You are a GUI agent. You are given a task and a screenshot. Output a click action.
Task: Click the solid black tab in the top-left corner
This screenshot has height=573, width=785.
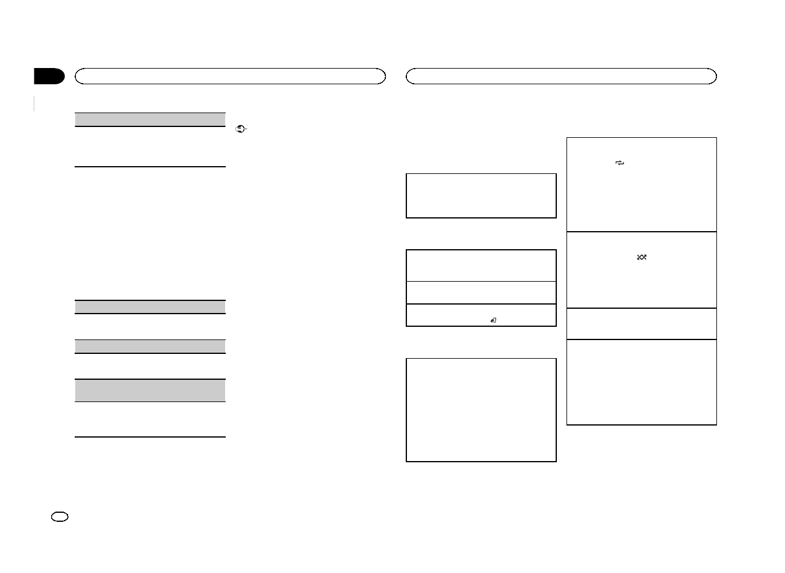point(49,76)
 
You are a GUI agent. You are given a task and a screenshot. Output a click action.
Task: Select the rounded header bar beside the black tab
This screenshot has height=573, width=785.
point(229,76)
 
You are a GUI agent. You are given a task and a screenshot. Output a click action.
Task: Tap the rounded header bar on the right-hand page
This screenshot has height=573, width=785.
point(561,76)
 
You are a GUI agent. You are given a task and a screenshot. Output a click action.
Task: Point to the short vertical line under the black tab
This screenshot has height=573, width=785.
point(34,103)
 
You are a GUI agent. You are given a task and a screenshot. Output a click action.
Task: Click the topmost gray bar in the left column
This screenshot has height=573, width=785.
point(149,119)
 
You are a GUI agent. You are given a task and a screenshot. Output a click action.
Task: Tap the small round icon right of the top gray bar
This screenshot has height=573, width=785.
point(241,129)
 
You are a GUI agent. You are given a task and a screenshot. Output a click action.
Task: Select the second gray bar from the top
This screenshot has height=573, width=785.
point(149,306)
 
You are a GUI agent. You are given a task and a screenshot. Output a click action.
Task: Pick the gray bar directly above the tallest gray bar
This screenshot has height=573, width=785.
point(149,346)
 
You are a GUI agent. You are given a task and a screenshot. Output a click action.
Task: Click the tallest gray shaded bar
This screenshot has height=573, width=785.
point(149,390)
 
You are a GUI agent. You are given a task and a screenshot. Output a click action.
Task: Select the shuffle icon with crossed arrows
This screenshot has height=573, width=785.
point(642,258)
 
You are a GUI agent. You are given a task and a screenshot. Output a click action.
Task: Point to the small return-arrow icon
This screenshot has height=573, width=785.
point(493,321)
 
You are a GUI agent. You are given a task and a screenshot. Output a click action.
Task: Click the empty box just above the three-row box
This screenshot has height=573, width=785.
point(481,196)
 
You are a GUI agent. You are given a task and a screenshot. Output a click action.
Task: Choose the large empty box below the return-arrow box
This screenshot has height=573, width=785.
point(481,410)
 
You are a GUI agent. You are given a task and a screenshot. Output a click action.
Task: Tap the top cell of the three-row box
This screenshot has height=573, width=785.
point(481,265)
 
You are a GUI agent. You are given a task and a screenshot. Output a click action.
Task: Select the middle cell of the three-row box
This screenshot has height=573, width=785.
point(481,293)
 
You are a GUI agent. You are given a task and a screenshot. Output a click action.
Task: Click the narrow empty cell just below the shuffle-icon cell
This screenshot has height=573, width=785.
point(642,324)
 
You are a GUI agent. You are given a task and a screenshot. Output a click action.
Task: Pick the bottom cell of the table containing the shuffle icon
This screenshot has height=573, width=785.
point(642,382)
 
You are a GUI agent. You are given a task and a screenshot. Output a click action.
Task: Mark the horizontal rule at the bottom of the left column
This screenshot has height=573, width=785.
point(149,437)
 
